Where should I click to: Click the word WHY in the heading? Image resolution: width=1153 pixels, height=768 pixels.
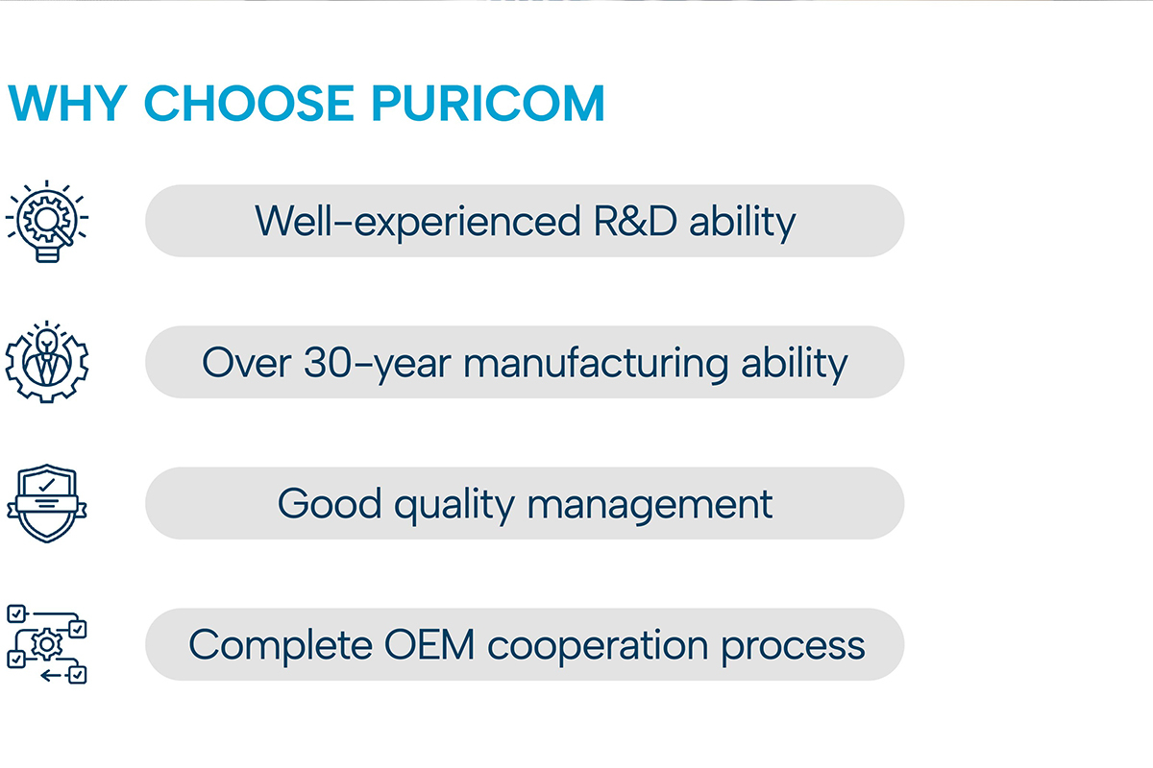tap(67, 103)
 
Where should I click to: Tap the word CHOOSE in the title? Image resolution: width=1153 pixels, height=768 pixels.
tap(249, 103)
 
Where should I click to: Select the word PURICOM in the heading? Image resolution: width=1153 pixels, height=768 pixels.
tap(488, 103)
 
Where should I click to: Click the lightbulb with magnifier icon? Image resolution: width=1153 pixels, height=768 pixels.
tap(47, 221)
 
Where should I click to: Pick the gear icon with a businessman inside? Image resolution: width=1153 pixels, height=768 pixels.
tap(47, 362)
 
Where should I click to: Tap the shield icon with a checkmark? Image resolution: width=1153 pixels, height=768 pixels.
tap(47, 503)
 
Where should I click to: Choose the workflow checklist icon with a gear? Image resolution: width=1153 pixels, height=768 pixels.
tap(47, 644)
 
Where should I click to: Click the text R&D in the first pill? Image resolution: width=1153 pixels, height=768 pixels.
tap(635, 221)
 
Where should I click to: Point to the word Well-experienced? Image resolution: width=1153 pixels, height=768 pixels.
tap(417, 222)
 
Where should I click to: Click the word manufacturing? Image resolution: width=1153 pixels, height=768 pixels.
tap(596, 365)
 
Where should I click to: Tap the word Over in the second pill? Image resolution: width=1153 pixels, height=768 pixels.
tap(247, 362)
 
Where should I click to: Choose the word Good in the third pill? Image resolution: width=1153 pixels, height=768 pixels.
tap(330, 503)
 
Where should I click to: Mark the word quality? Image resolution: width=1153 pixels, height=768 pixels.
tap(454, 506)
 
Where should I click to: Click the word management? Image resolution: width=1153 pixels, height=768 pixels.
tap(650, 506)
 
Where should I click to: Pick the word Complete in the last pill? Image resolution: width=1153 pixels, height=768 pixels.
tap(281, 646)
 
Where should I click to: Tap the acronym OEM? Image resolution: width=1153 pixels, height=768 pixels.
tap(429, 644)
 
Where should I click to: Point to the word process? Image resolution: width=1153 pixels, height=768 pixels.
tap(793, 648)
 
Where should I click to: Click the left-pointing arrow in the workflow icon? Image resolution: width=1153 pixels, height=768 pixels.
tap(51, 675)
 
